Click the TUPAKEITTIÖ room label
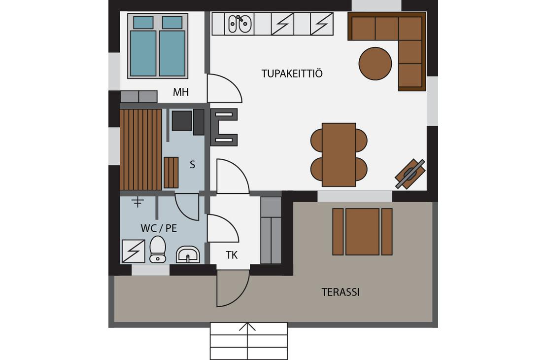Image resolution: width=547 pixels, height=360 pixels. pos(292,73)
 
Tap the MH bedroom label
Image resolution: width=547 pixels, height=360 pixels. pos(181,92)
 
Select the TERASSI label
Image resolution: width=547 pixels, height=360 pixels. pos(341,292)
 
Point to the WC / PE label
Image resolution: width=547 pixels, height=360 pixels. pos(159,228)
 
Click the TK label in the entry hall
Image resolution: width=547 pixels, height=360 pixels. pos(232,255)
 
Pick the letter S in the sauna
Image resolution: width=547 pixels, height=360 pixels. pos(192,164)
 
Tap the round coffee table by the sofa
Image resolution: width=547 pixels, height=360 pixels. pos(375,64)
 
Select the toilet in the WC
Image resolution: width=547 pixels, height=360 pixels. pos(158,249)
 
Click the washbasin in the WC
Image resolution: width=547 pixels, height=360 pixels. pos(188,254)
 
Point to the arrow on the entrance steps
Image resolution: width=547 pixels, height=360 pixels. pos(247,327)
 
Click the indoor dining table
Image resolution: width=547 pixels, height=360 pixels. pos(339,155)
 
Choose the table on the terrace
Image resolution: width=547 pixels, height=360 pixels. pos(363,231)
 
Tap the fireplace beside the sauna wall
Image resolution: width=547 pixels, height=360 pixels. pos(224,127)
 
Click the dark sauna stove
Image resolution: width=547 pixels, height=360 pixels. pos(182,121)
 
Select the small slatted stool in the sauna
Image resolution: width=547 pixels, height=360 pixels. pos(171,173)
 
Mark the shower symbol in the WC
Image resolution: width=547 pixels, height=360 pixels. pos(133,251)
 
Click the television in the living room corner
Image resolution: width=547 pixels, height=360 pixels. pos(410,174)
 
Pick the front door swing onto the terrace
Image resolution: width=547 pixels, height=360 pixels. pos(233,288)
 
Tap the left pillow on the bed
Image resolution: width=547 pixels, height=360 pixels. pos(143,22)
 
